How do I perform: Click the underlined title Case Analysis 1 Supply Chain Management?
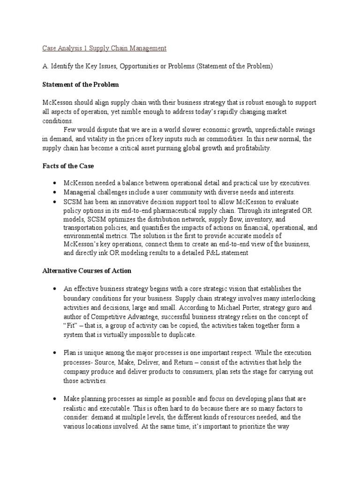tap(104, 48)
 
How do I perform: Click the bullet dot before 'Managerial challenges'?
tap(55, 192)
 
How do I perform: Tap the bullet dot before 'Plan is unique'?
tap(55, 352)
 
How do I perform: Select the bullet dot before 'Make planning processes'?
tap(55, 398)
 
